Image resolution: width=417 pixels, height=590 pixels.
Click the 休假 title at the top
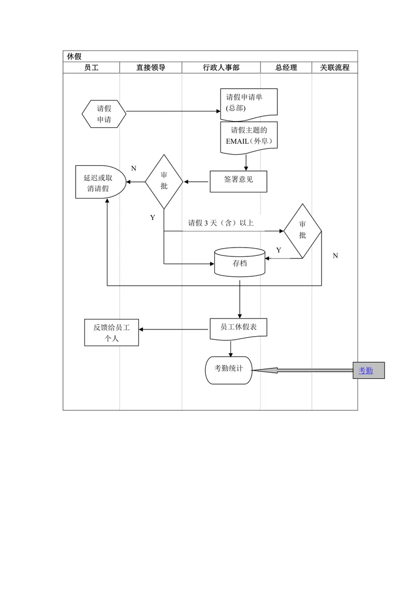(74, 56)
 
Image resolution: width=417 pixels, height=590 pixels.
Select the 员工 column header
(91, 68)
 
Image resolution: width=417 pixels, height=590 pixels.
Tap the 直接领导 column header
(151, 68)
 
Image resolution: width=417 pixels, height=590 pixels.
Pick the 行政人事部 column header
(221, 68)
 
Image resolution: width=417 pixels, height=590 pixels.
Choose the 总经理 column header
(286, 68)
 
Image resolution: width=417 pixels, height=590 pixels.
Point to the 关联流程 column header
(335, 68)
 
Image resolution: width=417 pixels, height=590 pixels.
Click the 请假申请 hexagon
(104, 114)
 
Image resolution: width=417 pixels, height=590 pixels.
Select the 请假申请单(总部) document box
(249, 102)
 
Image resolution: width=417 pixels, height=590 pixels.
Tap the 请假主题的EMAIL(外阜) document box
(249, 138)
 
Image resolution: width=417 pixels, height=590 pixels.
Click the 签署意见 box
(238, 182)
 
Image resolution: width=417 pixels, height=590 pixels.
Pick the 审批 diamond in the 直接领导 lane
(164, 182)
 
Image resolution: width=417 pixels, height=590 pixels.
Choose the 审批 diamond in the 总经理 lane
(303, 231)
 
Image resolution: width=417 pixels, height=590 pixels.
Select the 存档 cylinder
(240, 262)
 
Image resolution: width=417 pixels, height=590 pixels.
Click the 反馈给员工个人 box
(112, 333)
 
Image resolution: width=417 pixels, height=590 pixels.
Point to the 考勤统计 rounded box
(228, 370)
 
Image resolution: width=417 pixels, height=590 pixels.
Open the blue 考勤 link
(365, 371)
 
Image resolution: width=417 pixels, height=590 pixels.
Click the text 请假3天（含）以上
(221, 223)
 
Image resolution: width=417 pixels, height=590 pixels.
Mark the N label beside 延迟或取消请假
(133, 168)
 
